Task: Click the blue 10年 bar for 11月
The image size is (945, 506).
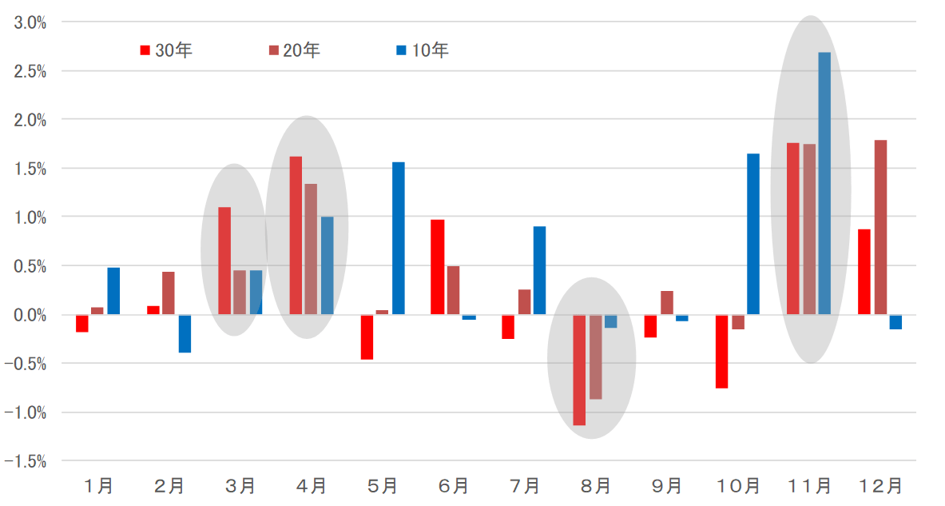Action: [824, 183]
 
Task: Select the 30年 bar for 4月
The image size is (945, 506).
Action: [296, 235]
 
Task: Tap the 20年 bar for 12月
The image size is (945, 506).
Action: [880, 227]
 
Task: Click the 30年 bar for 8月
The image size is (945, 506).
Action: [579, 369]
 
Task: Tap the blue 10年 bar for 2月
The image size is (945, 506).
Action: [185, 333]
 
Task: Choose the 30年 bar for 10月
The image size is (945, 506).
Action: [722, 351]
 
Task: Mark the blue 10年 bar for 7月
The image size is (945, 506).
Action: [540, 270]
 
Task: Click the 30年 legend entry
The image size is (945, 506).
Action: [167, 50]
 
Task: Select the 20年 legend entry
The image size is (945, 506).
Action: [295, 50]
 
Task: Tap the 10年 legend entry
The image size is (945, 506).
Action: [423, 50]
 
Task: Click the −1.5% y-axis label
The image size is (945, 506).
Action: [26, 461]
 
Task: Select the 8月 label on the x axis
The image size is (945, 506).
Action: [595, 485]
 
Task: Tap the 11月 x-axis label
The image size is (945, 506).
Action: [810, 485]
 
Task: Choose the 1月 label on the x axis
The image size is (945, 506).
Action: [99, 485]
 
